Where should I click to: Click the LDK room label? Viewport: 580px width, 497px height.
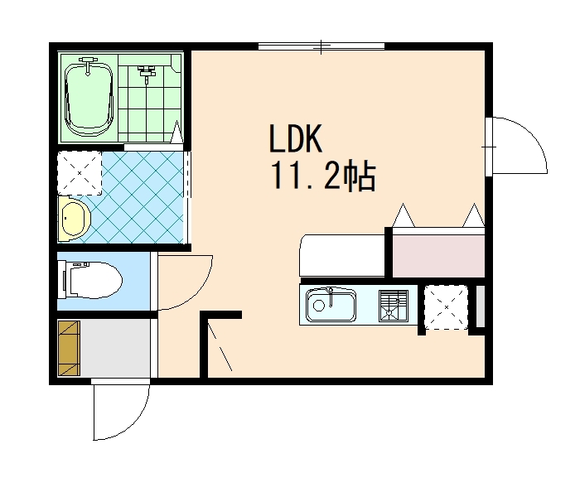pos(295,138)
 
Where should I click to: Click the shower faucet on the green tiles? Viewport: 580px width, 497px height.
pos(147,72)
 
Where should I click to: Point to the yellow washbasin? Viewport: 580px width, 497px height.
pos(75,219)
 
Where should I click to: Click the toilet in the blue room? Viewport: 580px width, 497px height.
pos(89,280)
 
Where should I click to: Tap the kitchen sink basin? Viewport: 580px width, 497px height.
pos(331,305)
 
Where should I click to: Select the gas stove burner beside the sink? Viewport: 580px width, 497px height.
pos(394,306)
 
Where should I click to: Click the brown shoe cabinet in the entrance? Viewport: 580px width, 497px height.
pos(69,348)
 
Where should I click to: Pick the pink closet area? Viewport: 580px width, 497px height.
pos(438,256)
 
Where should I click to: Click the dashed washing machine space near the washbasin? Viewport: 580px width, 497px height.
pos(80,173)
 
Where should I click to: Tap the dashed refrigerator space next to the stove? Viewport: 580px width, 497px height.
pos(446,307)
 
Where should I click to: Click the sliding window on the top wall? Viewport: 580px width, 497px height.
pos(321,46)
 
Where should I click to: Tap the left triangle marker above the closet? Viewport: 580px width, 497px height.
pos(404,215)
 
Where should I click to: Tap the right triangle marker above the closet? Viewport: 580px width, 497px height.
pos(473,215)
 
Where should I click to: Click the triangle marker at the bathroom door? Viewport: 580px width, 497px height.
pos(176,132)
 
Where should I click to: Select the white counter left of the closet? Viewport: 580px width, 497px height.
pos(342,255)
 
